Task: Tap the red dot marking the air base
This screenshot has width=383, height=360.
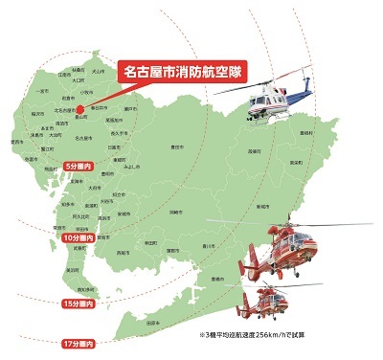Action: (81, 108)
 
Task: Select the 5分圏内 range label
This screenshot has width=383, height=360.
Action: (79, 167)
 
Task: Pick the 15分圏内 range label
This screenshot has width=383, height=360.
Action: (79, 304)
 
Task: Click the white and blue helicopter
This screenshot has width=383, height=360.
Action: (274, 96)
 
